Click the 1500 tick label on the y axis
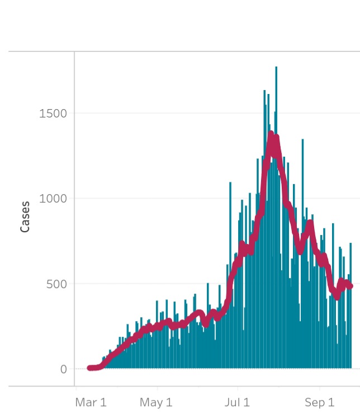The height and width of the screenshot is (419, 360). pos(53,114)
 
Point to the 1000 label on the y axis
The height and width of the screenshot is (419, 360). pos(53,199)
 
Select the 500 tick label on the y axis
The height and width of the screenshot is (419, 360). pos(55,284)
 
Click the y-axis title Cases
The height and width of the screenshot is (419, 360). pos(25,216)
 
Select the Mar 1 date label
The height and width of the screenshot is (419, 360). pos(90,402)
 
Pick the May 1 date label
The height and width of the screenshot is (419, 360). pos(156,402)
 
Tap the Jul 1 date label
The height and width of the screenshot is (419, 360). pos(237,402)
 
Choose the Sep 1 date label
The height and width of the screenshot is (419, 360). pos(319,402)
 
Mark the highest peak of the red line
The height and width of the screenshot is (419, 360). pos(271,134)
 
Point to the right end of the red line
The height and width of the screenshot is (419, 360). pos(350,286)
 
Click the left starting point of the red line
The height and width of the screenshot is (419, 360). pos(89,368)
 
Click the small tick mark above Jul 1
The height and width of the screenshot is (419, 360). pos(237,388)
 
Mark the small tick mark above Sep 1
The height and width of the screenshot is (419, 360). pos(319,388)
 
